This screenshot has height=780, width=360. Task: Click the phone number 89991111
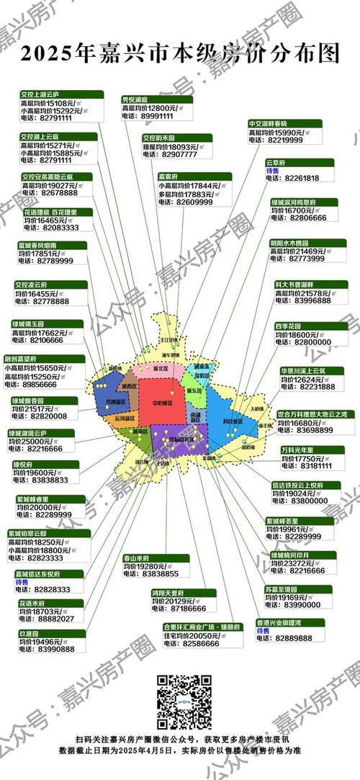156,115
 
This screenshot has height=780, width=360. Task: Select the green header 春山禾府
137,557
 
